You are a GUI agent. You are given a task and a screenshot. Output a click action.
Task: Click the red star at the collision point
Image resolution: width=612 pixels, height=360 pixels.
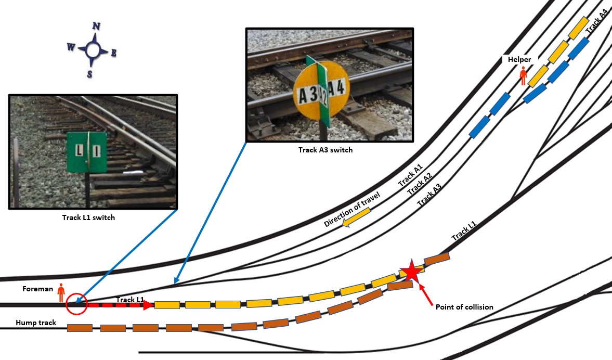click(411, 271)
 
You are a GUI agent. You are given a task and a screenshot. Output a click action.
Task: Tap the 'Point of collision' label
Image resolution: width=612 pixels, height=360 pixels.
click(464, 307)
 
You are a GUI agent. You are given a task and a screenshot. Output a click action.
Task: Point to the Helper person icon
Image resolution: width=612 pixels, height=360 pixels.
click(524, 76)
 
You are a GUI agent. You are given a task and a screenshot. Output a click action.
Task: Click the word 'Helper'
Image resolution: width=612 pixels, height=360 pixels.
click(519, 60)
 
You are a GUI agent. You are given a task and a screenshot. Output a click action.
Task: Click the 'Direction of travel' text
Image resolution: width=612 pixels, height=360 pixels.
click(352, 209)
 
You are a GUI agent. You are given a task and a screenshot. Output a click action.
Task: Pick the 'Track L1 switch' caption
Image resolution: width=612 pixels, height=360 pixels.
click(88, 217)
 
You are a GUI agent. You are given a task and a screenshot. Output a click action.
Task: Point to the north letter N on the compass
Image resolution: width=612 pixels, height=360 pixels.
click(96, 27)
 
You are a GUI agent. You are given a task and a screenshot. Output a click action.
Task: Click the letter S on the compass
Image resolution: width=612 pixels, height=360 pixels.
click(89, 74)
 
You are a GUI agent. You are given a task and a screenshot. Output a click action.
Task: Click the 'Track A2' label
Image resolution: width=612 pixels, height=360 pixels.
click(420, 185)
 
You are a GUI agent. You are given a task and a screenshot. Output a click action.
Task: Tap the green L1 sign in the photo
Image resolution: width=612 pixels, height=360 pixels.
click(87, 152)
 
